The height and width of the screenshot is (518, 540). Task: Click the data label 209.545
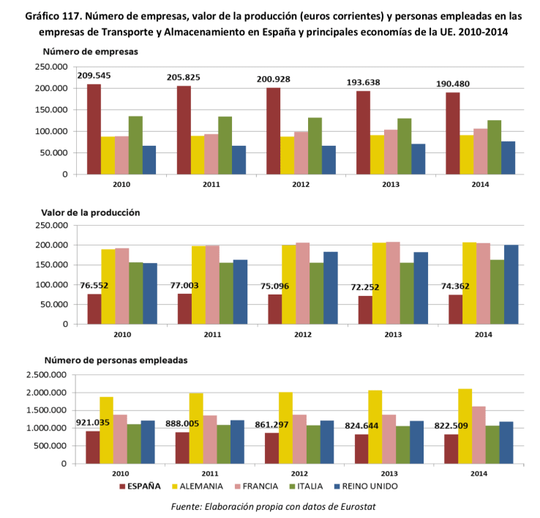click(x=99, y=75)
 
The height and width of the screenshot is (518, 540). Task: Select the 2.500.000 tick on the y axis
click(x=45, y=375)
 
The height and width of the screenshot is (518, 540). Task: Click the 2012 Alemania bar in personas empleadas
click(x=285, y=428)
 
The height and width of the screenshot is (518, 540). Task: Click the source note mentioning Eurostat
click(x=273, y=506)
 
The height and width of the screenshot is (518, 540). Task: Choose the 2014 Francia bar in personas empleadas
click(x=479, y=435)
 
